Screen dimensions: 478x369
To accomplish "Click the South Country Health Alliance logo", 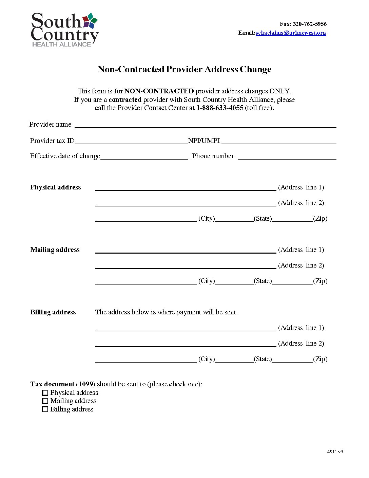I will click(x=64, y=30).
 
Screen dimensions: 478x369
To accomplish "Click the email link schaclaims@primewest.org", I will click(x=291, y=33).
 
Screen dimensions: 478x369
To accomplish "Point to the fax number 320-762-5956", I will click(x=310, y=24).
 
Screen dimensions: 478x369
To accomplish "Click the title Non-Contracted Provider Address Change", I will click(x=184, y=69).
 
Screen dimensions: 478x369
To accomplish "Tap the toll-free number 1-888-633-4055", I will click(x=219, y=108).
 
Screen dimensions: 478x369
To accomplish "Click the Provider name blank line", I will click(x=205, y=125).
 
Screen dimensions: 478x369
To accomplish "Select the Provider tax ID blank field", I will click(x=131, y=141).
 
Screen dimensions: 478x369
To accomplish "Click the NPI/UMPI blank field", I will click(x=278, y=141).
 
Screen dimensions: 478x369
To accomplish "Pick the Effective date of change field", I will click(x=144, y=156).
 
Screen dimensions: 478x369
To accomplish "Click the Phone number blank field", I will click(x=287, y=156).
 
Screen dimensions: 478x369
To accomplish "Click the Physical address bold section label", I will click(x=56, y=187).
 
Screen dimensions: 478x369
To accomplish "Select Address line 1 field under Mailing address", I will click(x=186, y=250).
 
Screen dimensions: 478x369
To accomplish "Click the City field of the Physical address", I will click(x=146, y=219).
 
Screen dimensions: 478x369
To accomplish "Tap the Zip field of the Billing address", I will click(x=292, y=359).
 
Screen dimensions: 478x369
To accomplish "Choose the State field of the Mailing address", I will click(x=234, y=281).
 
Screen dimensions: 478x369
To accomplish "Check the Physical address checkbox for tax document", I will click(x=45, y=393).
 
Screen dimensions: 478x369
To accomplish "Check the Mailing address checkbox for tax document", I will click(x=45, y=401).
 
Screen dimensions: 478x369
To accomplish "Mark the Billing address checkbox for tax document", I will click(x=45, y=409).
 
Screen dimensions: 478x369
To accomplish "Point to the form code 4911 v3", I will click(x=335, y=452).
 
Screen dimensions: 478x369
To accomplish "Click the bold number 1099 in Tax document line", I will click(x=86, y=384).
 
